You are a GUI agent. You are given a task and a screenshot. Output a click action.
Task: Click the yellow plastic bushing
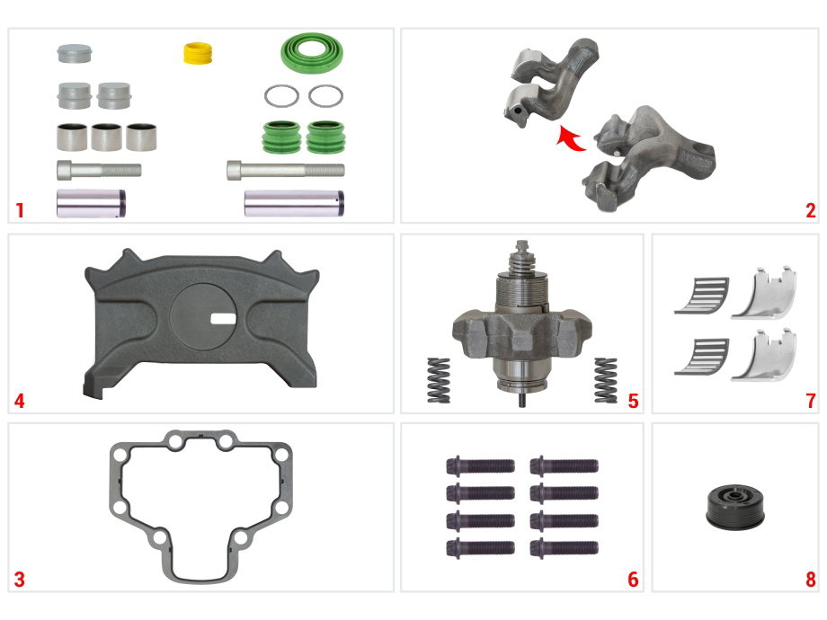coord(198,54)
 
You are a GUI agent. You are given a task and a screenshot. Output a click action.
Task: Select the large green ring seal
coord(312,53)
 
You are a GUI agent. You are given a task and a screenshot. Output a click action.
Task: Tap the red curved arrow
coord(570,138)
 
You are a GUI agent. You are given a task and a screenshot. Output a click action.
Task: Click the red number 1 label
coord(20,210)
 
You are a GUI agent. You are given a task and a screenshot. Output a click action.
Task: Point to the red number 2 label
coord(811,210)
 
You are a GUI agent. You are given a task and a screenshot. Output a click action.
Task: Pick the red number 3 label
coord(20,580)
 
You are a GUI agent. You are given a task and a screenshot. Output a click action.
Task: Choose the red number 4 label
coord(20,401)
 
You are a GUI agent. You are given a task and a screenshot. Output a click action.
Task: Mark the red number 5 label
coord(634,401)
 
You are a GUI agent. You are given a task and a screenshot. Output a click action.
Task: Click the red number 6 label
coord(634,580)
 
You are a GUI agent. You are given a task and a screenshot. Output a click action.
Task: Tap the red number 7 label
coord(811,401)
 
